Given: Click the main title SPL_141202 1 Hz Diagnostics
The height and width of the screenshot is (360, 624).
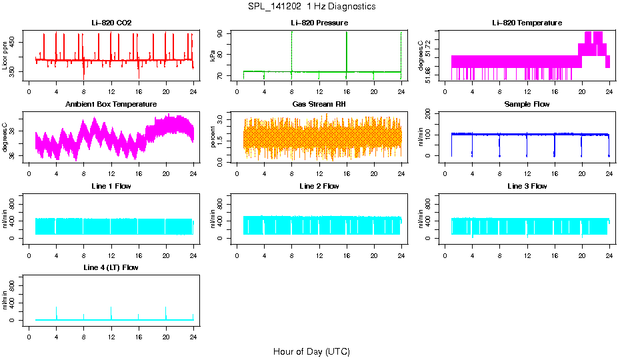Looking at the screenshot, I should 312,7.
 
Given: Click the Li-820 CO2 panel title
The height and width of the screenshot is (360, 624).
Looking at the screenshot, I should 111,23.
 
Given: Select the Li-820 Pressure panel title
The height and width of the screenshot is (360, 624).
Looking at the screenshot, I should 319,23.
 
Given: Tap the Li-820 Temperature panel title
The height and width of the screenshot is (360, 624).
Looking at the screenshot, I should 527,23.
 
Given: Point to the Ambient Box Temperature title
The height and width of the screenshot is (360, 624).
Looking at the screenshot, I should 111,105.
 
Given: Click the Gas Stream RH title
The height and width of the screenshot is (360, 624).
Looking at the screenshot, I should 319,105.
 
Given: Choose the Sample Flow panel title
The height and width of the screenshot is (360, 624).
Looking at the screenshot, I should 527,105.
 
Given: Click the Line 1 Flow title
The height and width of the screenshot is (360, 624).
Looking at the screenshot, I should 111,187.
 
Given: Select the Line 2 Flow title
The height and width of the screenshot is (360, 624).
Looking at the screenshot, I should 319,187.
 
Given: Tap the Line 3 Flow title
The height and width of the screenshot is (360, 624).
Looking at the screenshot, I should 527,187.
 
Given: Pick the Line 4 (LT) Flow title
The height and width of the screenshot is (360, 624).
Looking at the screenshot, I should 111,268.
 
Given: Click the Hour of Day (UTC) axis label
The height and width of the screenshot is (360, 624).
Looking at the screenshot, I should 311,351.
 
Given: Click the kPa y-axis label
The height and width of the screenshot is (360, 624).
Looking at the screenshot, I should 213,55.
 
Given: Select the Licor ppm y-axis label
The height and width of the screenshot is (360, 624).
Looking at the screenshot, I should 5,55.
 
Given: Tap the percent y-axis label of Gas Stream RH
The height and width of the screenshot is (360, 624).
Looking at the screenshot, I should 213,137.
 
